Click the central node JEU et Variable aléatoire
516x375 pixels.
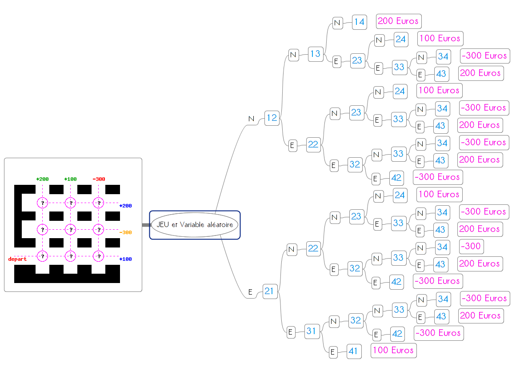click(x=195, y=225)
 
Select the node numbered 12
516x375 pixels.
click(x=271, y=118)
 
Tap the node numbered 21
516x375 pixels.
click(x=269, y=291)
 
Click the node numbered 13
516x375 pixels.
click(x=315, y=54)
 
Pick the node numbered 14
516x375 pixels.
click(x=359, y=22)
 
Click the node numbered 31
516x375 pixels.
click(x=312, y=331)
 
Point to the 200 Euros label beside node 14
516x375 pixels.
click(x=398, y=21)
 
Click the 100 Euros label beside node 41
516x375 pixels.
click(x=393, y=351)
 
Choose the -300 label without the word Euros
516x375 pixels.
click(x=471, y=246)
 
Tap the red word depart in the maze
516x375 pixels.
click(x=17, y=259)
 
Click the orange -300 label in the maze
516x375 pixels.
click(x=125, y=232)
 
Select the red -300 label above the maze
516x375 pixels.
click(x=99, y=179)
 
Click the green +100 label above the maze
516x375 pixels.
click(x=70, y=179)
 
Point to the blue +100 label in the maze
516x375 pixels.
click(x=125, y=259)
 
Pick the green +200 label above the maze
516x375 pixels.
click(x=42, y=179)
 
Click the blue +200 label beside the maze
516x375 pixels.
click(x=125, y=206)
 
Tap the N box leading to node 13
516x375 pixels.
click(x=293, y=55)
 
